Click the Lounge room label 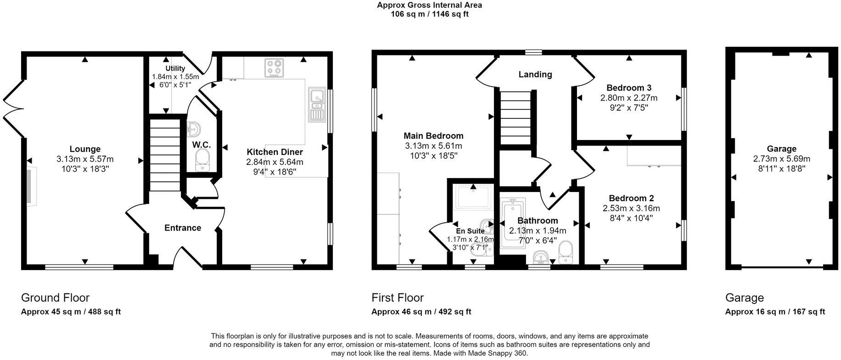coord(85,149)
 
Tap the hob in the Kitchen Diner coord(274,68)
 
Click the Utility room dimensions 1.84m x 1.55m coord(175,77)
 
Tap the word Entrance coord(183,228)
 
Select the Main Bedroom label coord(433,135)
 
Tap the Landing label coord(535,74)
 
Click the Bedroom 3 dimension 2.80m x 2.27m coord(628,98)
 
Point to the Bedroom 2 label coord(631,198)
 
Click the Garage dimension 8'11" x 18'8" coord(781,169)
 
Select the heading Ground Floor coord(55,298)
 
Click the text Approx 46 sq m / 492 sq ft coord(421,312)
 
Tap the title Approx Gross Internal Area coord(429,6)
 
